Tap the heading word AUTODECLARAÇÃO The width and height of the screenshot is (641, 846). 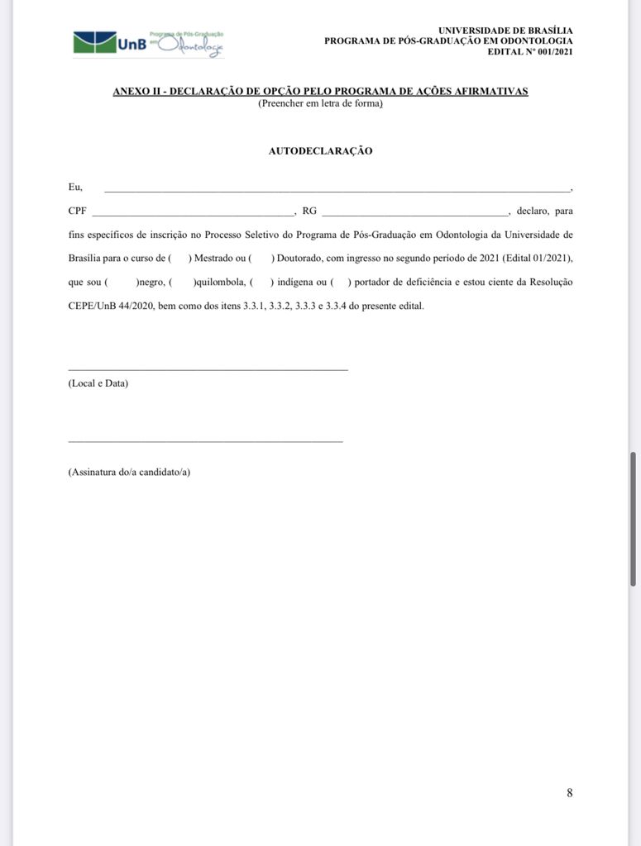(x=320, y=151)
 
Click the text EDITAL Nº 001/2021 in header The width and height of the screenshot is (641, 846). (x=529, y=51)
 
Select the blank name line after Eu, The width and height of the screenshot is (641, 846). (x=337, y=190)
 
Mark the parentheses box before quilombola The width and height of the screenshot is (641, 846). (x=180, y=283)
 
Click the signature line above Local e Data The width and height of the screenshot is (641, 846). (x=208, y=368)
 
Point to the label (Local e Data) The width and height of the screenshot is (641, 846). (x=98, y=384)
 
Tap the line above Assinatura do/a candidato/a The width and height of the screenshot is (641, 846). (x=205, y=441)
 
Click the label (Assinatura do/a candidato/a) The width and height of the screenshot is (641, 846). (x=129, y=473)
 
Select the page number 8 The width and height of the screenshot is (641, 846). (x=569, y=793)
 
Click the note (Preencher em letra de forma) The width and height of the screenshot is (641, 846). (x=320, y=103)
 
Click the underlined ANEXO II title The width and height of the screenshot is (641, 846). (x=320, y=92)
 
